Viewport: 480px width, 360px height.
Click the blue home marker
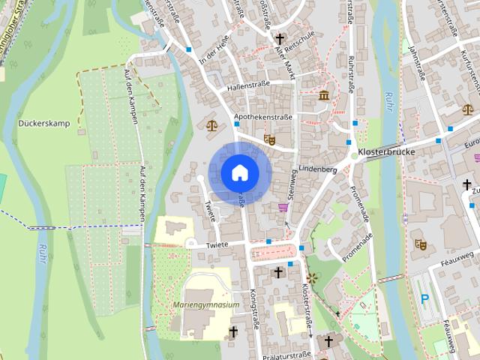pyautogui.click(x=239, y=172)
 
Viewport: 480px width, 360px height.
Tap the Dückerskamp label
pyautogui.click(x=44, y=122)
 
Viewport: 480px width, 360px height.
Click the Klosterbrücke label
pyautogui.click(x=387, y=151)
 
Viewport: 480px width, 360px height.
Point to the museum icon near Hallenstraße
pyautogui.click(x=324, y=96)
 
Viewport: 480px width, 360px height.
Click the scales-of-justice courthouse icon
pyautogui.click(x=211, y=125)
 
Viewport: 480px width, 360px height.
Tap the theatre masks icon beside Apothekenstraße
pyautogui.click(x=269, y=139)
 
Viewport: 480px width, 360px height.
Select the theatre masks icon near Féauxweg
pyautogui.click(x=420, y=244)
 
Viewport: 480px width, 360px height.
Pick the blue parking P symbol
pyautogui.click(x=424, y=299)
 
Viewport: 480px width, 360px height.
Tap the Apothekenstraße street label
pyautogui.click(x=262, y=117)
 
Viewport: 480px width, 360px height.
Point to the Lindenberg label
pyautogui.click(x=317, y=169)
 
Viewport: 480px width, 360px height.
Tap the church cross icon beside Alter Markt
pyautogui.click(x=280, y=38)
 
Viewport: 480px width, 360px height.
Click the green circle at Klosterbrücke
pyautogui.click(x=352, y=155)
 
